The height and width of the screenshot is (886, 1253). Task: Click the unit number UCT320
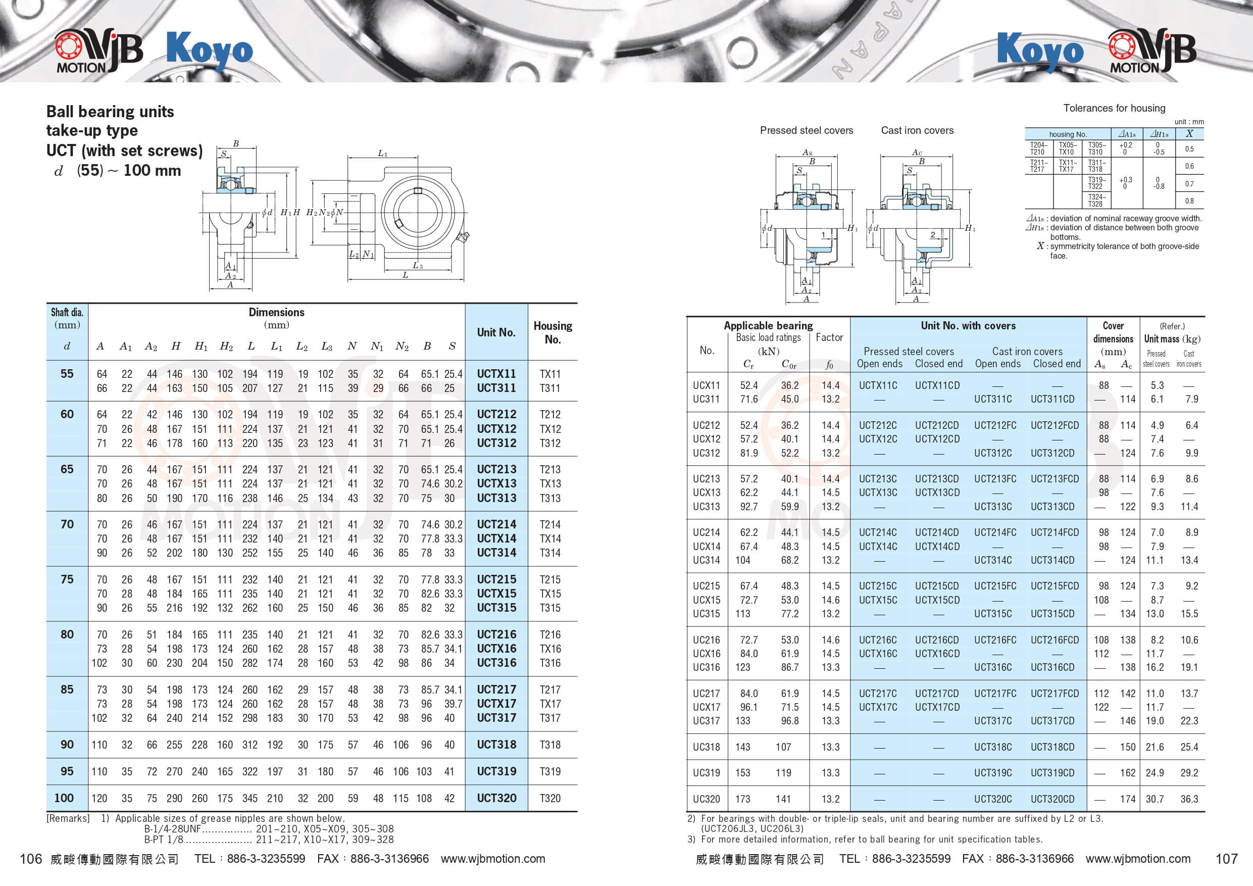(496, 798)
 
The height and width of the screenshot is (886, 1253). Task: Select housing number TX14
(549, 538)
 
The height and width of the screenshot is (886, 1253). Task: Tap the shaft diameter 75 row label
(67, 579)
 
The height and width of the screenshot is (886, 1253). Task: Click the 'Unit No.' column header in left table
(496, 332)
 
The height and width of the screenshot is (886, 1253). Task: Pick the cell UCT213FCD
(1055, 479)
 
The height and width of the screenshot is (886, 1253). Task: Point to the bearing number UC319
(706, 772)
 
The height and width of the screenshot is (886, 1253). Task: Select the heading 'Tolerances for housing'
(1114, 108)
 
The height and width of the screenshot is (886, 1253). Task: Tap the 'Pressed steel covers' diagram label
(806, 130)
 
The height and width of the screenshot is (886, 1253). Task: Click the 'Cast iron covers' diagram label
(917, 130)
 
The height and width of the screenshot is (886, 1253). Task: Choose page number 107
(1226, 859)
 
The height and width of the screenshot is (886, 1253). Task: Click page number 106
(31, 859)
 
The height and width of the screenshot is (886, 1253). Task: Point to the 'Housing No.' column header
(553, 332)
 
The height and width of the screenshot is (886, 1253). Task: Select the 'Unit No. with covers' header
(968, 325)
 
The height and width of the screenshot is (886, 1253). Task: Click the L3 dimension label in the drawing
(417, 266)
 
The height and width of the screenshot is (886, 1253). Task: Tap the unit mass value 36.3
(1189, 799)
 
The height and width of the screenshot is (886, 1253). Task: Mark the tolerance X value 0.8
(1189, 201)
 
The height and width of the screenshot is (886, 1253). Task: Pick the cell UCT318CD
(1052, 747)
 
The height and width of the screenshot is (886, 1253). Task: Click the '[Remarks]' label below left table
(68, 818)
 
